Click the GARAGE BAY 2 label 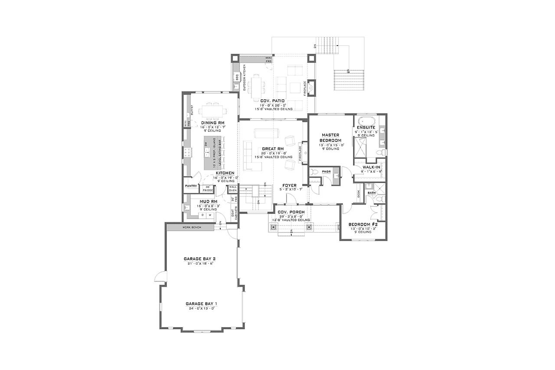point(200,259)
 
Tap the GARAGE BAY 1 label point(201,303)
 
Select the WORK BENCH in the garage point(191,227)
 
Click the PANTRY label point(191,186)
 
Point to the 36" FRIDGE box point(209,188)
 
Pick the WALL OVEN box point(232,188)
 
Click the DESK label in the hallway point(359,194)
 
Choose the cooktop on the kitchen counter point(187,152)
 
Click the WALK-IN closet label point(368,167)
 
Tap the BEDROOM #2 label point(363,225)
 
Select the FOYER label point(289,185)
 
